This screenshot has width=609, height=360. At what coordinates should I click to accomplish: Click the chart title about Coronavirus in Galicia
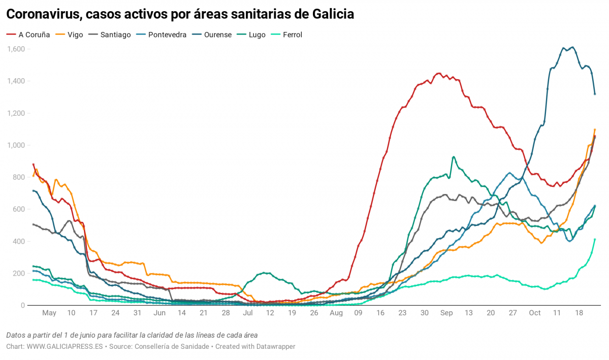click(x=180, y=14)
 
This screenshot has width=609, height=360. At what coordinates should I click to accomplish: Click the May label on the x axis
click(x=49, y=313)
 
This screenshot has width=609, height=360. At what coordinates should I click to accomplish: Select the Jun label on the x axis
click(x=159, y=313)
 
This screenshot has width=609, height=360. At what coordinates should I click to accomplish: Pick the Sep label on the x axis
click(x=446, y=313)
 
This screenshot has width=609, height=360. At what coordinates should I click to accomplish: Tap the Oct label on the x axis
click(x=534, y=313)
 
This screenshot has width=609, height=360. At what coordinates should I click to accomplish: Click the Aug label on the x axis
click(x=336, y=313)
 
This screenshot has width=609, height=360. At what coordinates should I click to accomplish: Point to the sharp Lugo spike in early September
click(x=454, y=157)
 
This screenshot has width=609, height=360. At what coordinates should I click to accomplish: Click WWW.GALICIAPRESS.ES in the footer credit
click(x=65, y=346)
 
